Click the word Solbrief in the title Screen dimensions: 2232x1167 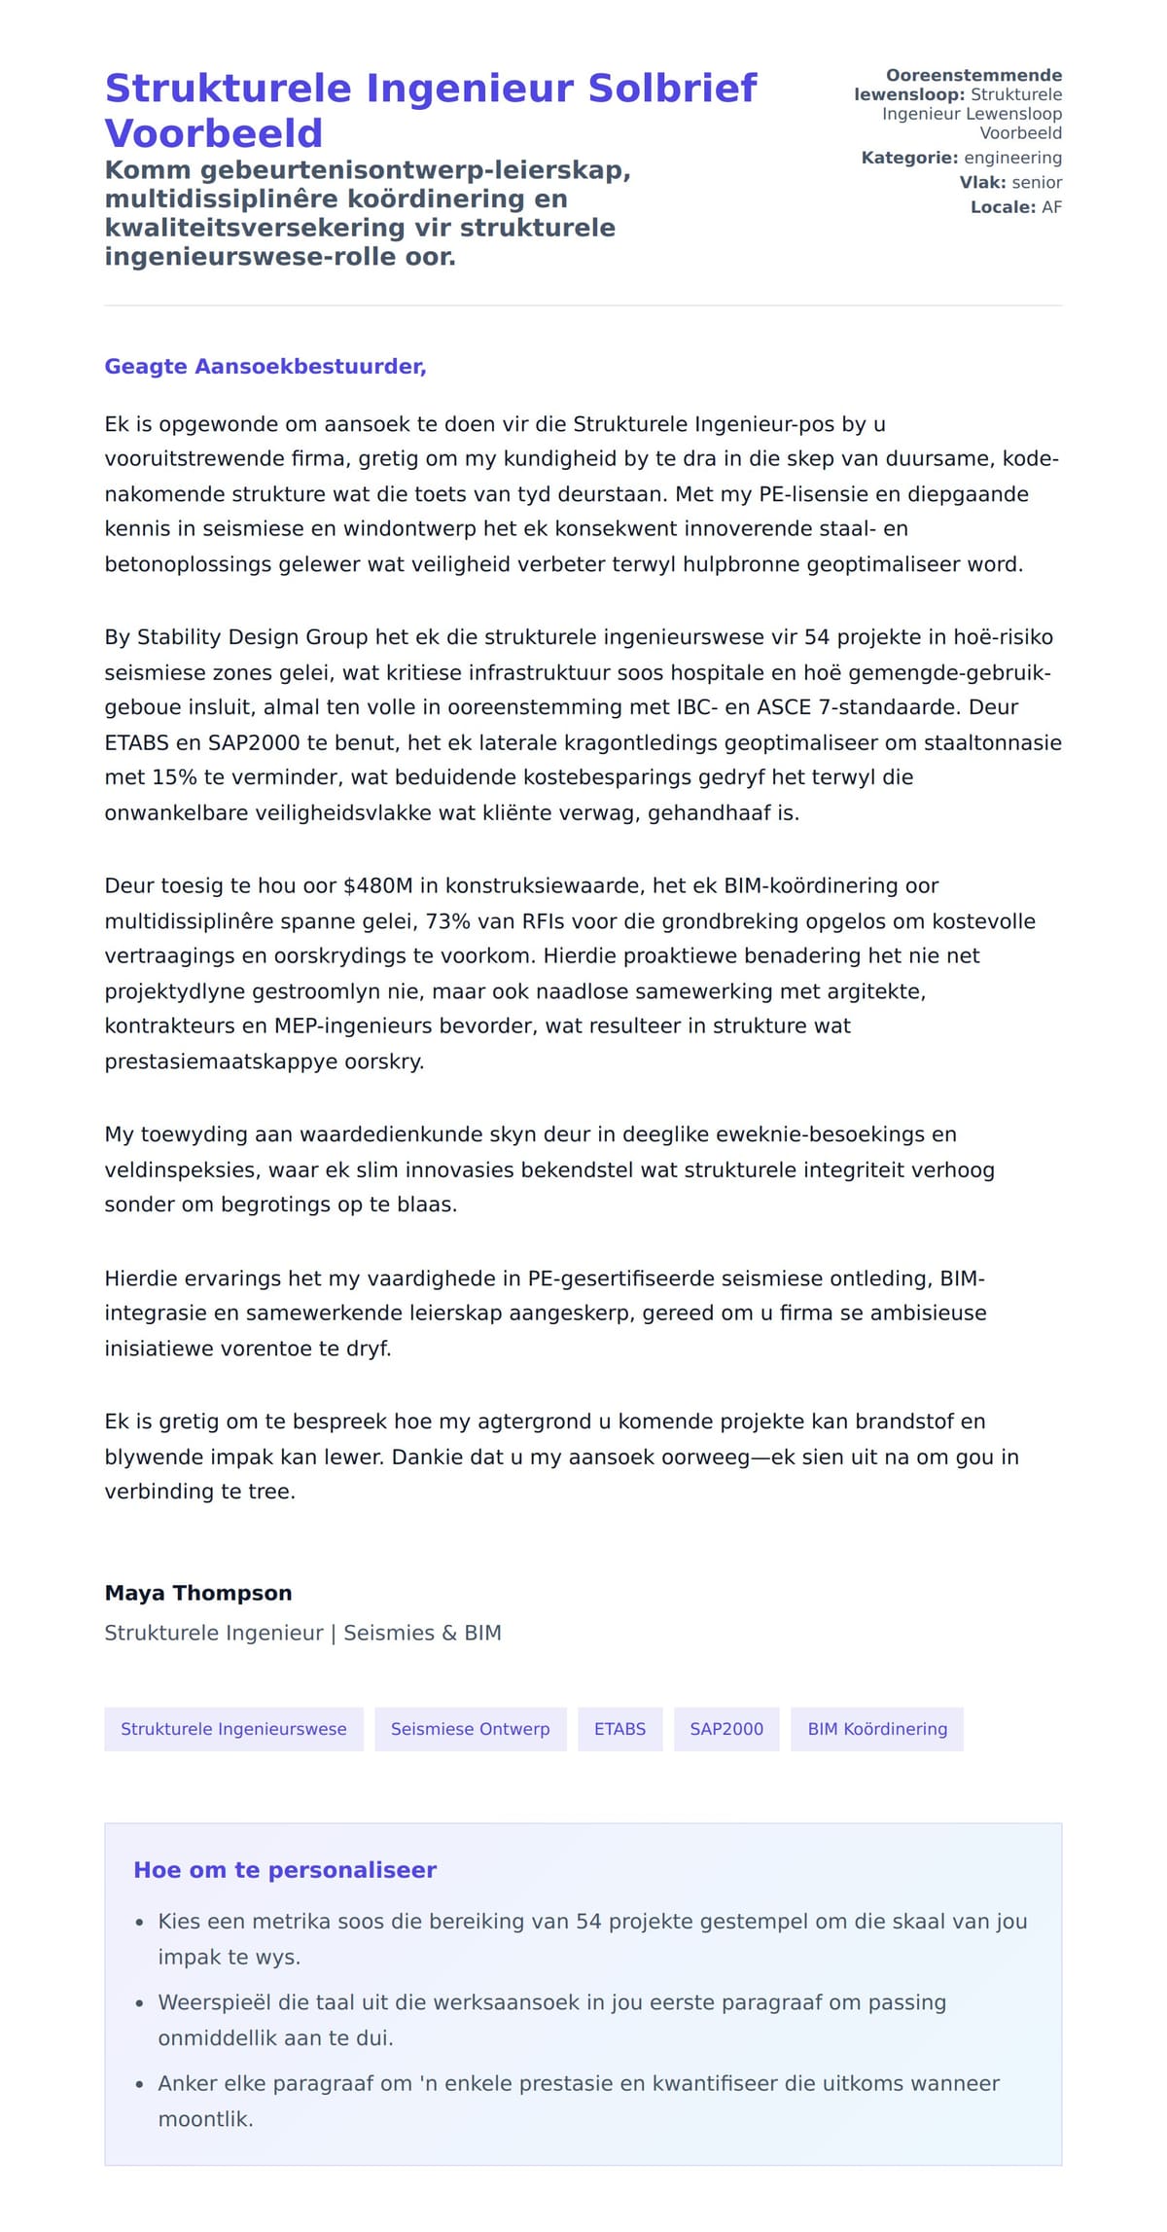pyautogui.click(x=672, y=89)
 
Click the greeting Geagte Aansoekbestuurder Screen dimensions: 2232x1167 pyautogui.click(x=265, y=367)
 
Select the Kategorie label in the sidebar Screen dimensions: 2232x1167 pyautogui.click(x=909, y=158)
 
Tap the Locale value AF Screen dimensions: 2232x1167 pyautogui.click(x=1051, y=207)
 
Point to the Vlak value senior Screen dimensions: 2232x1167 pyautogui.click(x=1037, y=183)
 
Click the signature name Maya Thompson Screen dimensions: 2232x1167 pyautogui.click(x=198, y=1593)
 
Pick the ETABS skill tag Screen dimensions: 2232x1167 pyautogui.click(x=619, y=1729)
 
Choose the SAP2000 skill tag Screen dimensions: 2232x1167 pyautogui.click(x=726, y=1729)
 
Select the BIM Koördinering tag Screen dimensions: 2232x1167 pyautogui.click(x=877, y=1729)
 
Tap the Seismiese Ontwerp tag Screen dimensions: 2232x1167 pyautogui.click(x=470, y=1729)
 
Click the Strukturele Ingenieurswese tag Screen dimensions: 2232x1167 pyautogui.click(x=233, y=1729)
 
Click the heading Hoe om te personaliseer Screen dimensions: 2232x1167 pyautogui.click(x=285, y=1870)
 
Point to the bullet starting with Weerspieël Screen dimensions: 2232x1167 pyautogui.click(x=550, y=2003)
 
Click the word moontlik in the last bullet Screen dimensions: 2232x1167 pyautogui.click(x=204, y=2119)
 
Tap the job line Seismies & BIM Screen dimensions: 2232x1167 pyautogui.click(x=422, y=1633)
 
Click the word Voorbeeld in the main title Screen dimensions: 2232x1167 pyautogui.click(x=213, y=133)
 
